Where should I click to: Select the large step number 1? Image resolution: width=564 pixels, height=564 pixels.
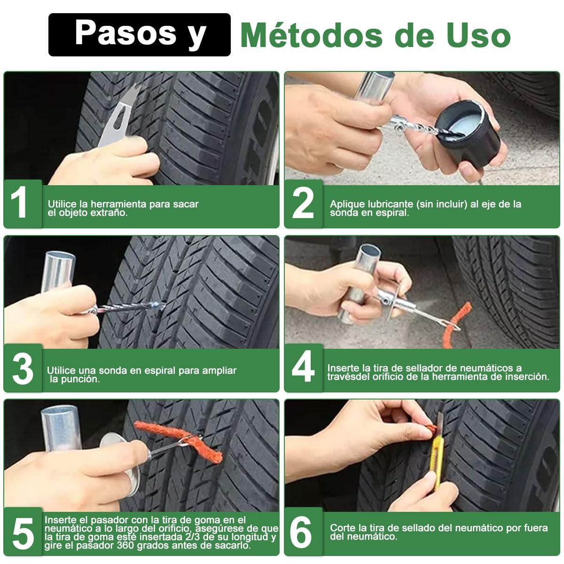tap(20, 203)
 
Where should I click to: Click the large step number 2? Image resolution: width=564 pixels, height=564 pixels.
tap(303, 203)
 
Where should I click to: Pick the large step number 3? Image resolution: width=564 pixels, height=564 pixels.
tap(23, 369)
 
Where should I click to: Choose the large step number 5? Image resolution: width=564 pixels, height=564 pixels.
tap(23, 533)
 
